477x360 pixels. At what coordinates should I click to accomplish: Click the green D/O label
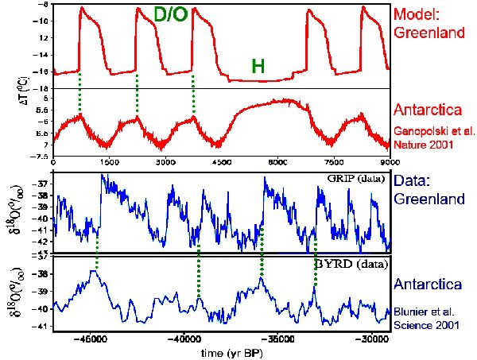(x=170, y=14)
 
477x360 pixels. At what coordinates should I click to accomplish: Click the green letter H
(x=258, y=67)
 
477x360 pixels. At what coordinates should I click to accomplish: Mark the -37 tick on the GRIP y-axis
(x=43, y=184)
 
